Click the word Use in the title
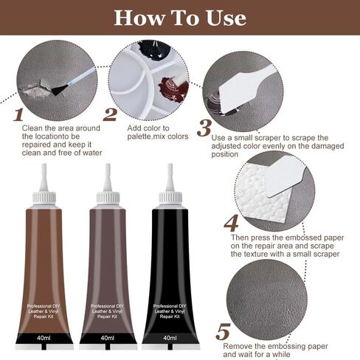[x=226, y=18]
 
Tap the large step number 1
[x=18, y=114]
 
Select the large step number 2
[x=110, y=114]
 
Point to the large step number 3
[x=204, y=128]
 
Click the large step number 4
[x=231, y=223]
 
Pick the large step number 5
[x=223, y=332]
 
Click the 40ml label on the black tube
[x=170, y=338]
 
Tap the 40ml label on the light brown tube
[x=44, y=338]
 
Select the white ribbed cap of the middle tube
[x=108, y=198]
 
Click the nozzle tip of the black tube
[x=170, y=165]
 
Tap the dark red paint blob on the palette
[x=173, y=90]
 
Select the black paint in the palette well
[x=153, y=49]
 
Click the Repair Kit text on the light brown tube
[x=44, y=316]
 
